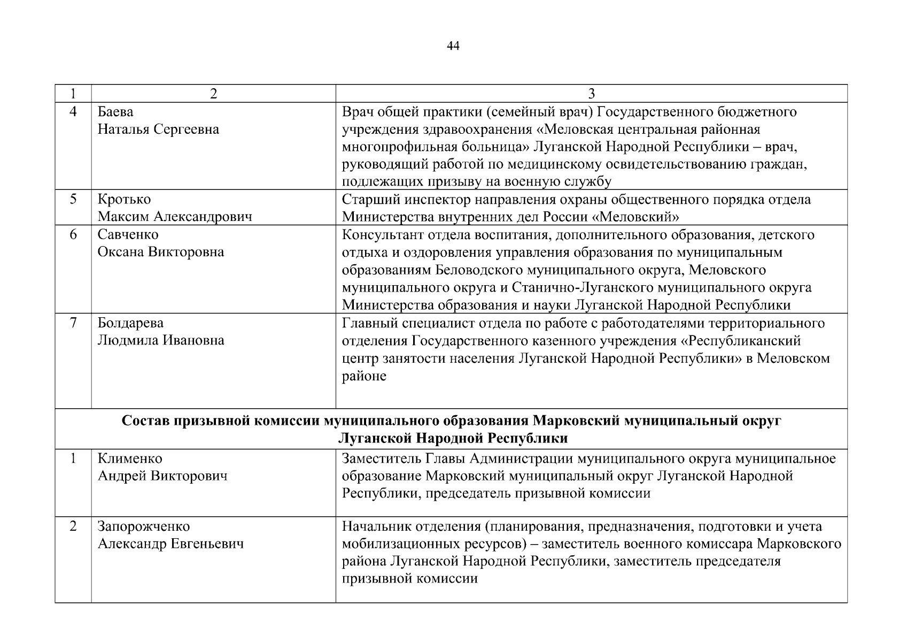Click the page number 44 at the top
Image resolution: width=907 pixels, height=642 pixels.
click(x=453, y=46)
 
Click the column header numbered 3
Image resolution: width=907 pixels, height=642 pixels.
click(x=591, y=94)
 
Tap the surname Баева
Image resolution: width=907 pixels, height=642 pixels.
click(x=115, y=112)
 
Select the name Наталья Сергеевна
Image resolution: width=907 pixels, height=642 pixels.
click(x=158, y=129)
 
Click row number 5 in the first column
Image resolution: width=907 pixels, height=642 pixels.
click(x=73, y=200)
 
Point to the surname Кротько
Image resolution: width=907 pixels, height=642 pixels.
click(x=124, y=200)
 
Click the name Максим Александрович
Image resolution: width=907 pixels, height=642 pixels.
click(x=175, y=217)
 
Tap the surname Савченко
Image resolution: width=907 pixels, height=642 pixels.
click(x=128, y=234)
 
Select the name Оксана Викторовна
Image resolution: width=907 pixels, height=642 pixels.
click(x=160, y=252)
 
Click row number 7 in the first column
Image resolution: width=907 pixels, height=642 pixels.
click(x=73, y=323)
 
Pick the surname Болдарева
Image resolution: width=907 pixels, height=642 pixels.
click(x=130, y=323)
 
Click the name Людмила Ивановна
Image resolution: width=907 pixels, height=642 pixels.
click(x=160, y=340)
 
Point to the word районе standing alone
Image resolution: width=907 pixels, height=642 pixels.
click(x=363, y=376)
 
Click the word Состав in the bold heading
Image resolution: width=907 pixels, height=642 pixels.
click(x=144, y=421)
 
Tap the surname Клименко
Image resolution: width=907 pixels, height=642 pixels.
click(x=130, y=458)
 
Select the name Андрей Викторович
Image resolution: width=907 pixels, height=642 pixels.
click(x=162, y=476)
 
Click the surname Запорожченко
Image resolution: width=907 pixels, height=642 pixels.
click(x=144, y=526)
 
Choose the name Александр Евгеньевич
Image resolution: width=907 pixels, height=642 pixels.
click(x=170, y=544)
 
